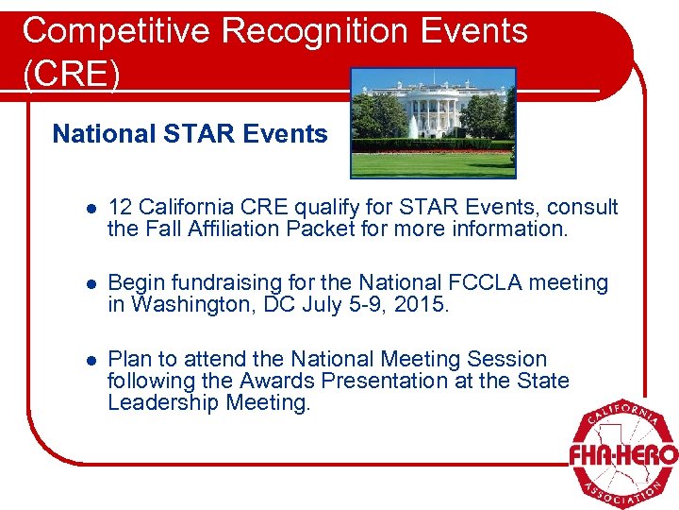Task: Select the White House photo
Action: pyautogui.click(x=433, y=123)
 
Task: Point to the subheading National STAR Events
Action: pyautogui.click(x=190, y=134)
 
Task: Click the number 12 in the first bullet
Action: pyautogui.click(x=121, y=207)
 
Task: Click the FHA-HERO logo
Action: pyautogui.click(x=621, y=453)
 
